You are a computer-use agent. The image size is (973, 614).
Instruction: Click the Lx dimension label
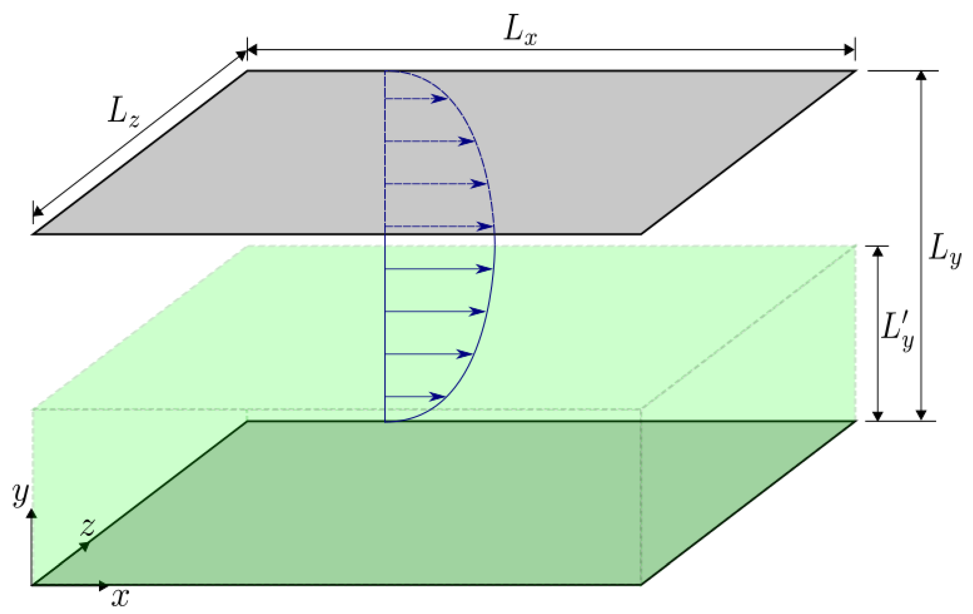tap(520, 31)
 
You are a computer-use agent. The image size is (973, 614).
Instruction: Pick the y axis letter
tap(20, 494)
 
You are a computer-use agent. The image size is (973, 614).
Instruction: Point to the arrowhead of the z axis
tap(85, 546)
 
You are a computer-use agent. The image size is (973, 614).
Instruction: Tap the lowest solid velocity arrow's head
tap(437, 397)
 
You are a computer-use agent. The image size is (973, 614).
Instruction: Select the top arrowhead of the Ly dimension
tap(921, 76)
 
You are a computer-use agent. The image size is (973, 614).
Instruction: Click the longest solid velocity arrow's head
tap(485, 269)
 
